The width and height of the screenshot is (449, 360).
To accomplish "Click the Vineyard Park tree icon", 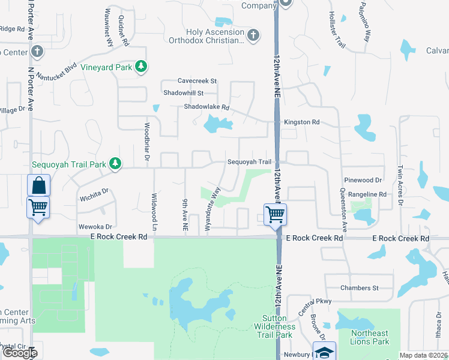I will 141,67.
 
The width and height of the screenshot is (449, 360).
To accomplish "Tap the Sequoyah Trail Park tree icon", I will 115,163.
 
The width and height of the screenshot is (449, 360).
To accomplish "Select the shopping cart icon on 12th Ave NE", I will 275,214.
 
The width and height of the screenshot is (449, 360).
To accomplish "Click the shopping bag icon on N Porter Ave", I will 38,185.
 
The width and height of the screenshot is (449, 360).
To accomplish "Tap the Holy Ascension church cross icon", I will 253,35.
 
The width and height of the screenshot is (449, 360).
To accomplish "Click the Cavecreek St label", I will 197,80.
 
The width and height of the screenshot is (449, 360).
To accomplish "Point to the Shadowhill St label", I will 184,94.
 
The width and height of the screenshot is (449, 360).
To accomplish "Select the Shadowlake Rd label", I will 206,107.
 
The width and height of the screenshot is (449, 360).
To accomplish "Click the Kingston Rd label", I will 302,122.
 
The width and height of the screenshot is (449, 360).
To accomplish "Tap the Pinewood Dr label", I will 363,180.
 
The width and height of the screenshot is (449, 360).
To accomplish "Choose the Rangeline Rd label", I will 367,194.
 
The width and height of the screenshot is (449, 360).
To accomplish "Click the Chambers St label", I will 359,288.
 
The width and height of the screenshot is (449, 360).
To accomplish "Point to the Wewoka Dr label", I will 95,227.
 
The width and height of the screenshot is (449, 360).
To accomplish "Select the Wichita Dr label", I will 93,194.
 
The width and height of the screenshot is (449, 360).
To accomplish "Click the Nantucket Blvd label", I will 56,71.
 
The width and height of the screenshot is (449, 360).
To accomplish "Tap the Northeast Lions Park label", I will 370,338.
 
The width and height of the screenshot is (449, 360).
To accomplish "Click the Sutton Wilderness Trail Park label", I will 277,326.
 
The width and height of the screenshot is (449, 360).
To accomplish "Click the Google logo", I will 19,353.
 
